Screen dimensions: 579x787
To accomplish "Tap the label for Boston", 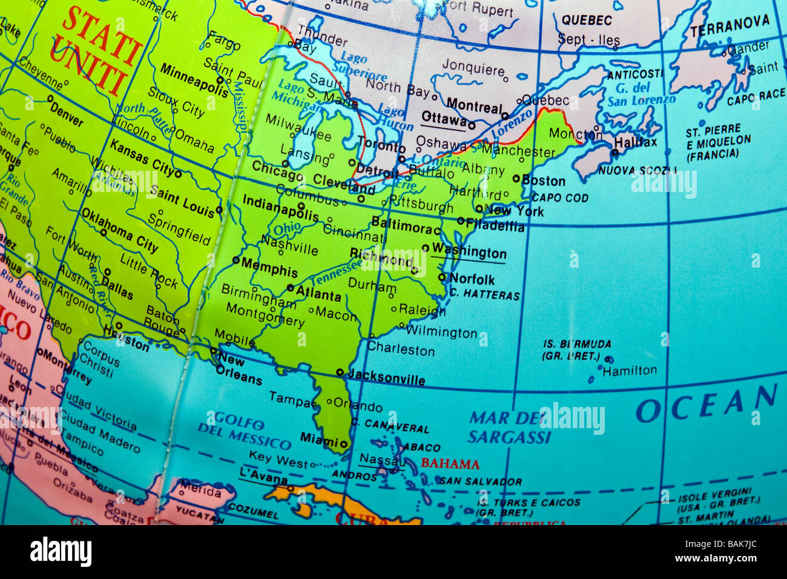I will pos(543,180).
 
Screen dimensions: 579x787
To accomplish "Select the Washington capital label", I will pos(469,252).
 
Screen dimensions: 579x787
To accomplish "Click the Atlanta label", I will pos(318,294).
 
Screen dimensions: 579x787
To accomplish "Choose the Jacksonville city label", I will pos(386,378).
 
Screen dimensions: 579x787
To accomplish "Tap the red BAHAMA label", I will pos(450,465).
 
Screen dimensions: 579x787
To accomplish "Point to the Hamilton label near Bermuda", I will pos(629,371).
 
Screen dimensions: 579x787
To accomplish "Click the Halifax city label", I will pos(635,142).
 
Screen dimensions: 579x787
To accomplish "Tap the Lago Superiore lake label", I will pos(362,67).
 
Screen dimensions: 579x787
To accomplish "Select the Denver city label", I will pos(66,113).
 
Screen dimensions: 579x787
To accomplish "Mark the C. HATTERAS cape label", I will pos(484,295).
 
